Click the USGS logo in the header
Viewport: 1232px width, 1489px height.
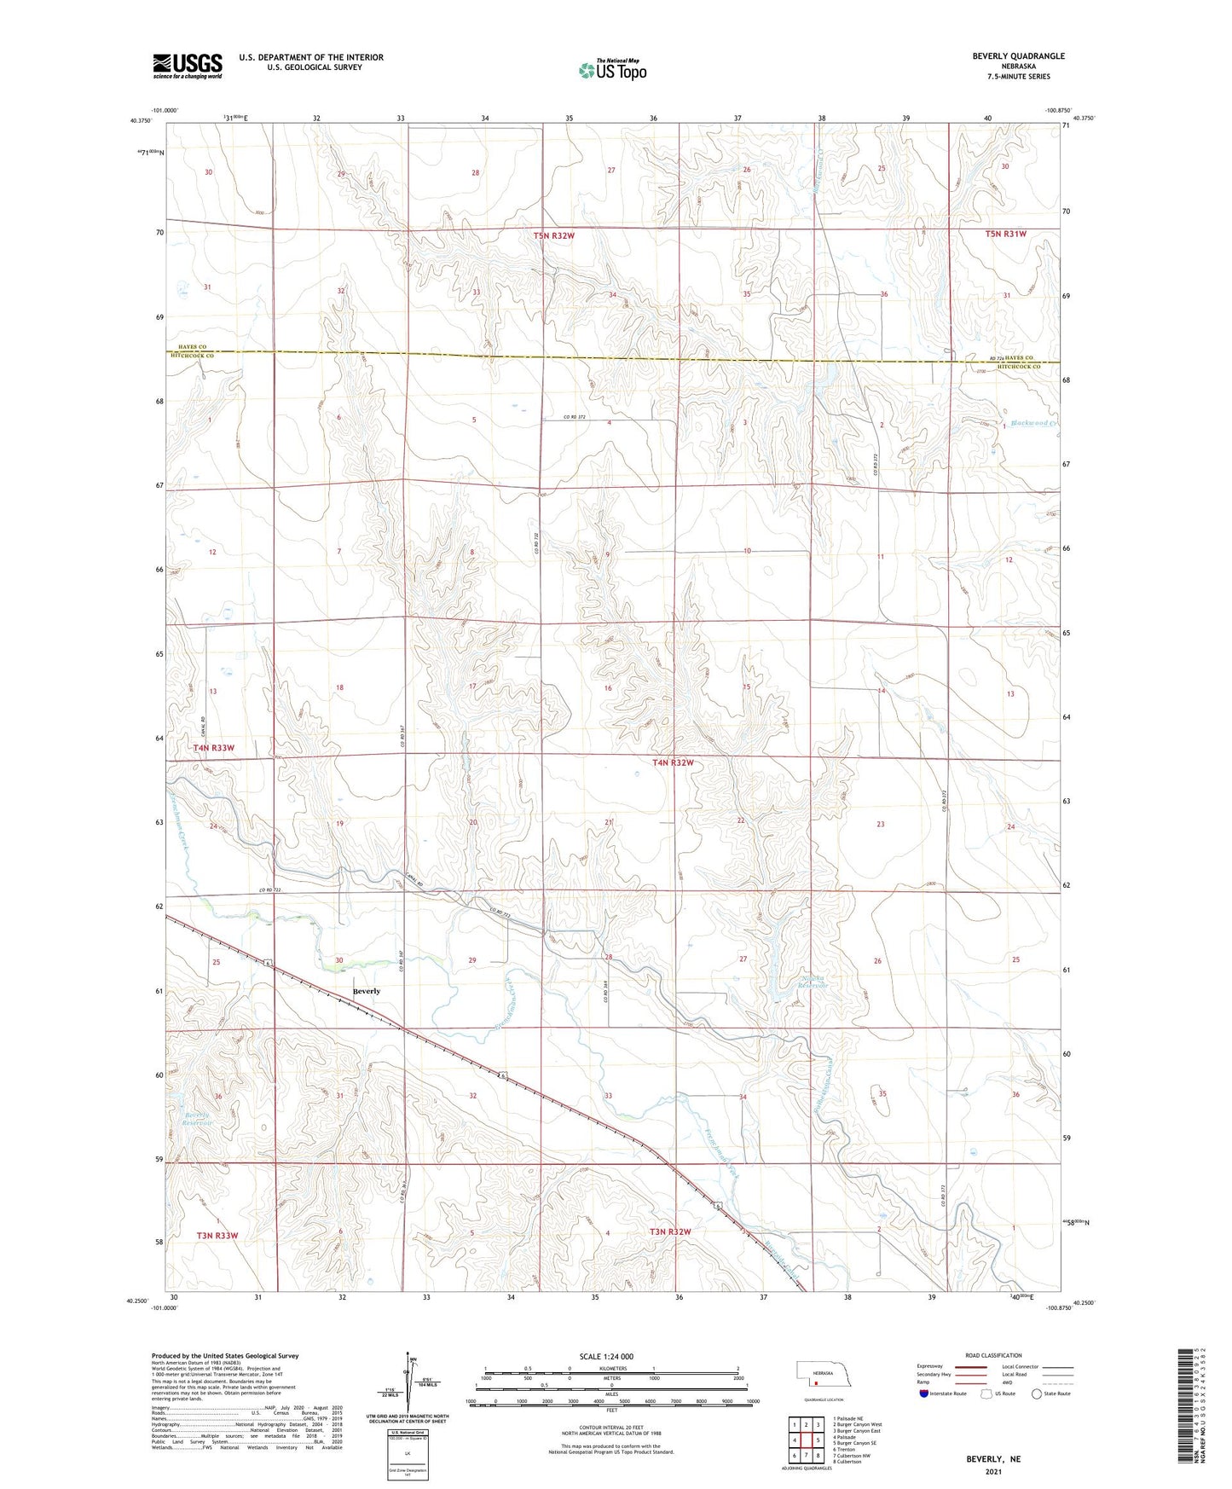[188, 66]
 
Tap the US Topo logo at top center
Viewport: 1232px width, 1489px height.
[611, 70]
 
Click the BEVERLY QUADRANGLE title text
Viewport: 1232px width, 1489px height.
[1018, 56]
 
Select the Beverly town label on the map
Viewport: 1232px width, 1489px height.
[367, 991]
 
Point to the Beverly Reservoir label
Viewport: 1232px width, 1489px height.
[196, 1119]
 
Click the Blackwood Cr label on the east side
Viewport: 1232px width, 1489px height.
[1033, 424]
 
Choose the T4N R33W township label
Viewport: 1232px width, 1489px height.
[213, 748]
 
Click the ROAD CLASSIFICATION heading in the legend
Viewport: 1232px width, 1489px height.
[992, 1355]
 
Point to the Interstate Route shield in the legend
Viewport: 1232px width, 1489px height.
[925, 1394]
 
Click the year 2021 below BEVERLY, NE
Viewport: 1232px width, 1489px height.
[992, 1472]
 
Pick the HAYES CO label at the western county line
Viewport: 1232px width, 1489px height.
[192, 347]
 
